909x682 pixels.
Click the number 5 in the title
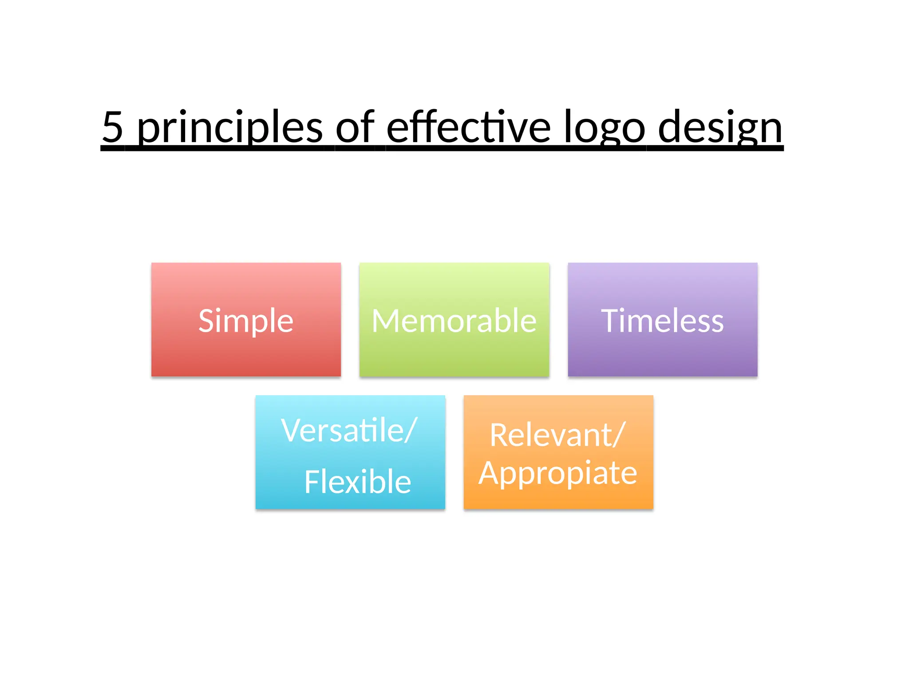(113, 127)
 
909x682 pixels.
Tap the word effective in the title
(469, 127)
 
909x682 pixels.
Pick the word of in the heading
(355, 127)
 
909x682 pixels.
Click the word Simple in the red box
(246, 321)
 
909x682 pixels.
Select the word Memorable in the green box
(454, 321)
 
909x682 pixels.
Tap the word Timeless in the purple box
(662, 321)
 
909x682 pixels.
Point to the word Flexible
(358, 482)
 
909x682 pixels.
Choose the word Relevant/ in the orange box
(557, 435)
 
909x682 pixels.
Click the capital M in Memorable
(385, 321)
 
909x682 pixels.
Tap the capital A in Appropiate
(489, 473)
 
